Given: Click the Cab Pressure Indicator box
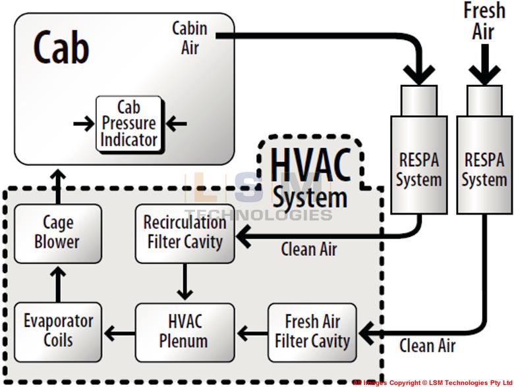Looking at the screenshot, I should [129, 124].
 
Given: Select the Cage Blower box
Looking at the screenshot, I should [58, 233].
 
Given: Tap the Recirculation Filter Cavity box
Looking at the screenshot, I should [185, 233].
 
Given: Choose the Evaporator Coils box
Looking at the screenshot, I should [58, 332].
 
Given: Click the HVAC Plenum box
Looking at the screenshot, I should [185, 332].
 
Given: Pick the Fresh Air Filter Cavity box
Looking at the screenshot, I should [312, 332].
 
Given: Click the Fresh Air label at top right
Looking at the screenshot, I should [484, 21].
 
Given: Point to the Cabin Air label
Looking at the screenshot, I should [190, 38].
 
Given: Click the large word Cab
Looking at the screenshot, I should [61, 47].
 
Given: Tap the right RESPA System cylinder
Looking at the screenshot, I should [484, 158].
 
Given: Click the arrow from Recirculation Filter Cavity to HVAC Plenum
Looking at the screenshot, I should [185, 282].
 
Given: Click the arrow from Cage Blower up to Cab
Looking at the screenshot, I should [58, 186].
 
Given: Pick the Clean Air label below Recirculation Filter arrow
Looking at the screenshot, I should [308, 250].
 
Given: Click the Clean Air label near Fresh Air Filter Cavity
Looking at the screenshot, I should [427, 346].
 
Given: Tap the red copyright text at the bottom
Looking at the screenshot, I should [432, 382].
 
